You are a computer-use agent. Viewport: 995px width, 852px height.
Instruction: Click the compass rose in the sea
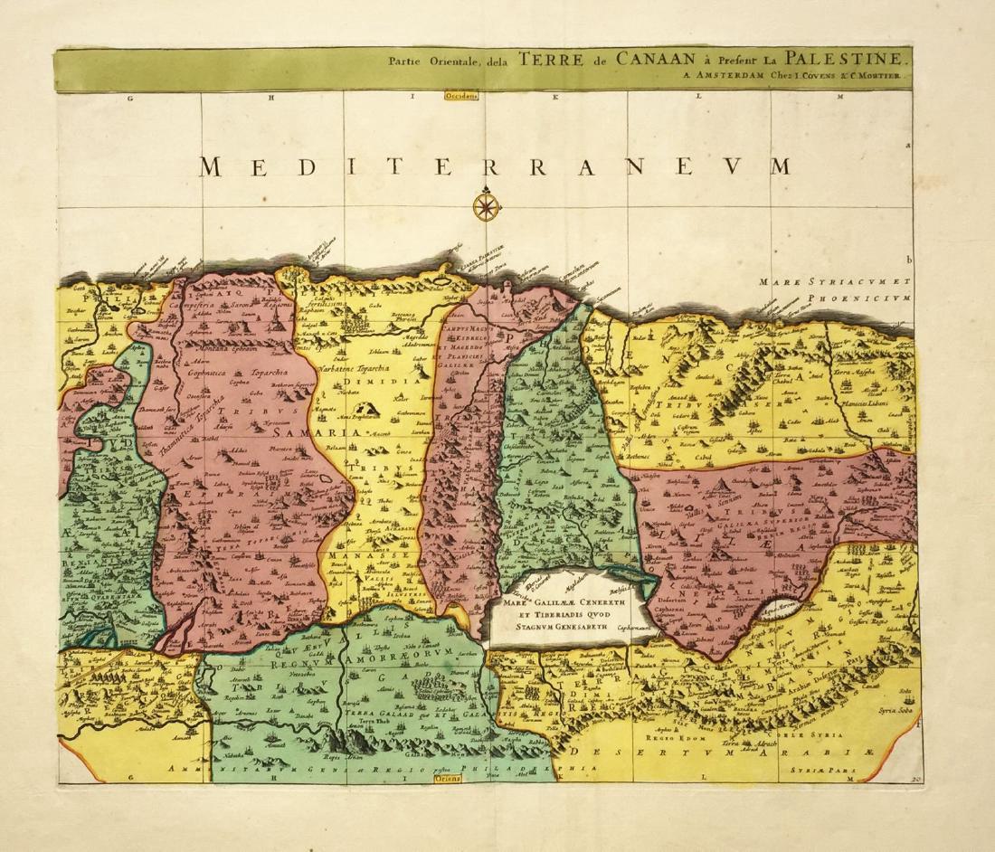point(485,205)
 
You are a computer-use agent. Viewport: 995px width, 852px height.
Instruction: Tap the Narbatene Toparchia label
point(346,370)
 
